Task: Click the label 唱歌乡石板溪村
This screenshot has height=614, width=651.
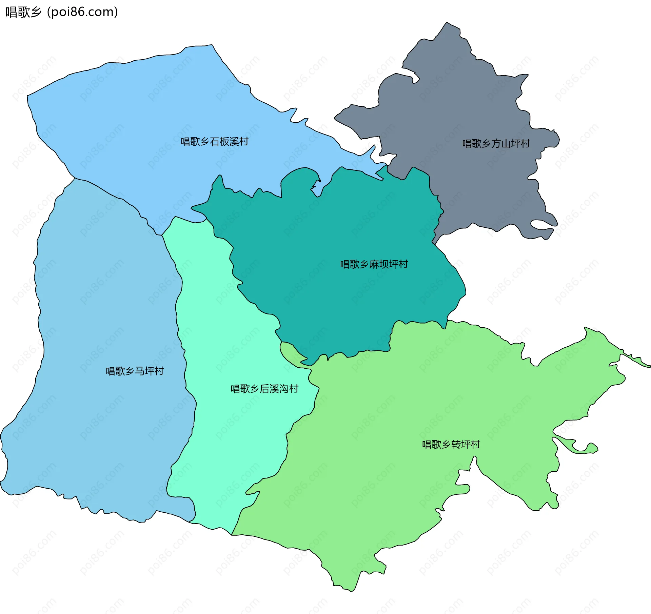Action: pos(215,142)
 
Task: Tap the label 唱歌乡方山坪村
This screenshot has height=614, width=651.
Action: pos(496,144)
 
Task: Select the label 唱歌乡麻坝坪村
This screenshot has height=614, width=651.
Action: pos(374,264)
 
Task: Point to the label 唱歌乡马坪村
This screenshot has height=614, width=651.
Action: pos(135,371)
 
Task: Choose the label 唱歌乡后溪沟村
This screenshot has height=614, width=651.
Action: pos(264,389)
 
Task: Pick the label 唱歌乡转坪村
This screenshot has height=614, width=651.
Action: pos(451,444)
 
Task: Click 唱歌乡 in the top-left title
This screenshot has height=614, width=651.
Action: pos(23,12)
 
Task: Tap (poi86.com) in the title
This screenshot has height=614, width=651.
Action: pos(83,12)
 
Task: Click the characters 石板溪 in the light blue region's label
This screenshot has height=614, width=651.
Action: pos(224,142)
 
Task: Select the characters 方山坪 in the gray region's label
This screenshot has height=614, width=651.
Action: pos(506,144)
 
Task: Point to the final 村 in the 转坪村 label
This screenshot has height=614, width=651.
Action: pos(475,444)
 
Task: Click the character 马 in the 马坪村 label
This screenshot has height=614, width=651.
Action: pos(140,371)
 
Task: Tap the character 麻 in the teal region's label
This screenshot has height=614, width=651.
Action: pos(374,264)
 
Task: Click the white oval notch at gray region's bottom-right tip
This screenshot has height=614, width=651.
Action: pos(541,224)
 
